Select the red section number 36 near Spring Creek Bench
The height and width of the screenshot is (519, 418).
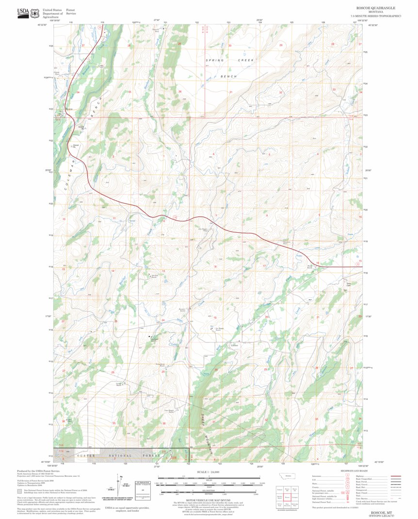pyautogui.click(x=180, y=91)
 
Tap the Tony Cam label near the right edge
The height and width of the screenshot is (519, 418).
pyautogui.click(x=348, y=284)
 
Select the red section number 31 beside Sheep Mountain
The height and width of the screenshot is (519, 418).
pyautogui.click(x=214, y=422)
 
